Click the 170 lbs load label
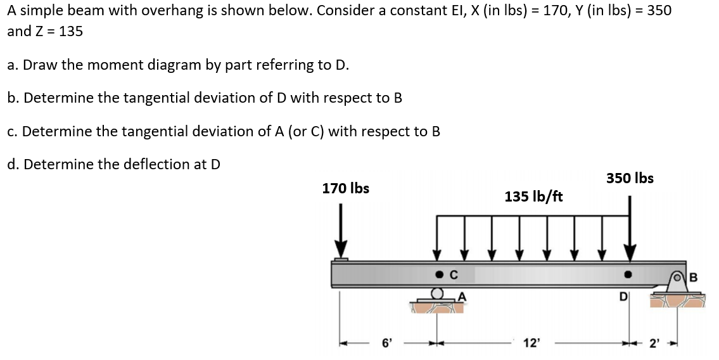point(345,188)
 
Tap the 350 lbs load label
point(630,178)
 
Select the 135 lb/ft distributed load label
point(533,196)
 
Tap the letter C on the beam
point(454,276)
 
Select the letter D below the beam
point(623,295)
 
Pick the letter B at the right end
point(692,276)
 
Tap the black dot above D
point(627,276)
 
